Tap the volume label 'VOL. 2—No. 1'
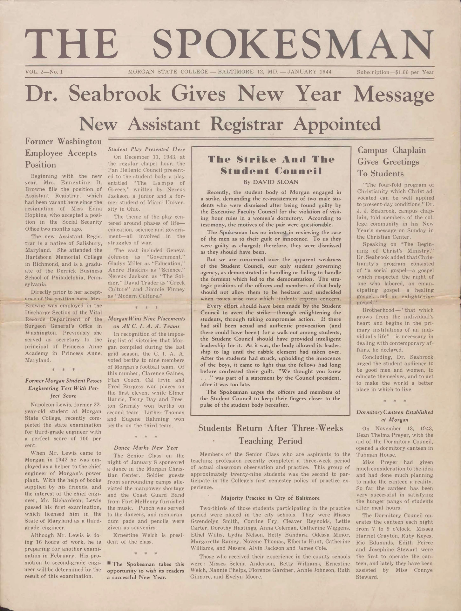click(x=44, y=72)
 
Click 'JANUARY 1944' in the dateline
click(x=309, y=72)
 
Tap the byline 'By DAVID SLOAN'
click(x=271, y=182)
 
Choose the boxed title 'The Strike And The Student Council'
click(x=271, y=165)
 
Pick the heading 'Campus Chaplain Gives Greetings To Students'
click(x=392, y=162)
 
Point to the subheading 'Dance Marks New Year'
click(x=146, y=448)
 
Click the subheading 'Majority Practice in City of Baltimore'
click(x=270, y=498)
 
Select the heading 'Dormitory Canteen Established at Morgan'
click(x=395, y=416)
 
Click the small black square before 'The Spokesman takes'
click(x=109, y=564)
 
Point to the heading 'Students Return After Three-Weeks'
click(x=271, y=428)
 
